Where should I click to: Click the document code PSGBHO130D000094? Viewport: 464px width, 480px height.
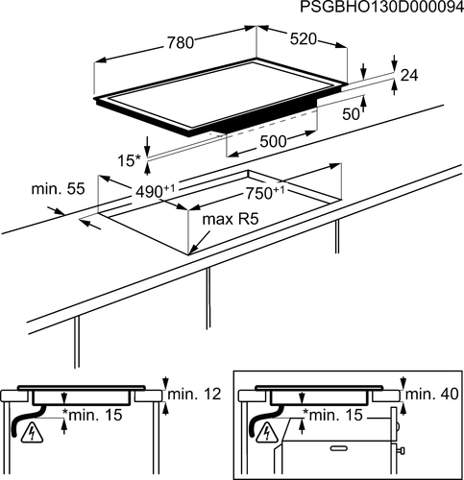pos(381,7)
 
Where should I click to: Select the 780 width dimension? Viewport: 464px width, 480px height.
pos(181,43)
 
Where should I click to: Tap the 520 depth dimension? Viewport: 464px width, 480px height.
pos(303,39)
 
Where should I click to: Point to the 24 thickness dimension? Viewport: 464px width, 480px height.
pos(409,76)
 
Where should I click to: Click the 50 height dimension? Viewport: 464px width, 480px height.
pos(351,114)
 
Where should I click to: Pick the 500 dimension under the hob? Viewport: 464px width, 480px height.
pos(273,141)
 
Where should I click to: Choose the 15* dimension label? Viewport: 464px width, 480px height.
pos(130,160)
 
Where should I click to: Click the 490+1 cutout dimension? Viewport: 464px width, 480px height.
pos(156,191)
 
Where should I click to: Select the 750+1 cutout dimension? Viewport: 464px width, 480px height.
pos(265,193)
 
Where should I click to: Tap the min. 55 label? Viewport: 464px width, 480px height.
pos(58,189)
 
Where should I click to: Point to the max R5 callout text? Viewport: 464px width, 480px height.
pos(231,220)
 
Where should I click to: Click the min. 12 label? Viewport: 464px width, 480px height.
pos(194,395)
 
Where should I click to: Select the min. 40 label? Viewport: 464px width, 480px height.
pos(432,395)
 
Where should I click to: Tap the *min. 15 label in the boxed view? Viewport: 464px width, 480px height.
pos(332,415)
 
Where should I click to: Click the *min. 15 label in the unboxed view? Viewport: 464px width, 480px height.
pos(92,415)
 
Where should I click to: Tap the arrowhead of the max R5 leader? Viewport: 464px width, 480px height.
pos(191,252)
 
